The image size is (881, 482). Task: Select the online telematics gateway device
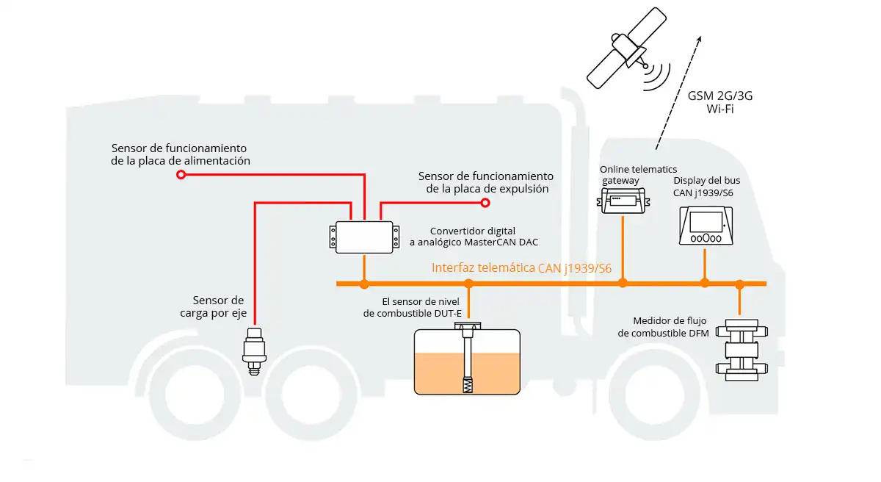pyautogui.click(x=623, y=200)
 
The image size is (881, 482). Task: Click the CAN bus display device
pyautogui.click(x=705, y=226)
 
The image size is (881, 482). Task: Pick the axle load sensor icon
pyautogui.click(x=254, y=351)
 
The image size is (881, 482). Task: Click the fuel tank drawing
pyautogui.click(x=467, y=361)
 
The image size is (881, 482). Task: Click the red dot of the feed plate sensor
pyautogui.click(x=181, y=175)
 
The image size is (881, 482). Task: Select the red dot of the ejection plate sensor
pyautogui.click(x=485, y=202)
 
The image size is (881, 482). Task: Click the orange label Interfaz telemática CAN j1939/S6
pyautogui.click(x=521, y=268)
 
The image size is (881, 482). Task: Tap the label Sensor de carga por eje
pyautogui.click(x=218, y=307)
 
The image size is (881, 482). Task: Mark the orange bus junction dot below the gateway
pyautogui.click(x=623, y=283)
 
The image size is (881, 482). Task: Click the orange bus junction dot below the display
pyautogui.click(x=705, y=283)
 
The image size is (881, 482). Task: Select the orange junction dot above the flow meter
pyautogui.click(x=740, y=283)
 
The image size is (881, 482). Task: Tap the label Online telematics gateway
pyautogui.click(x=638, y=175)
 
